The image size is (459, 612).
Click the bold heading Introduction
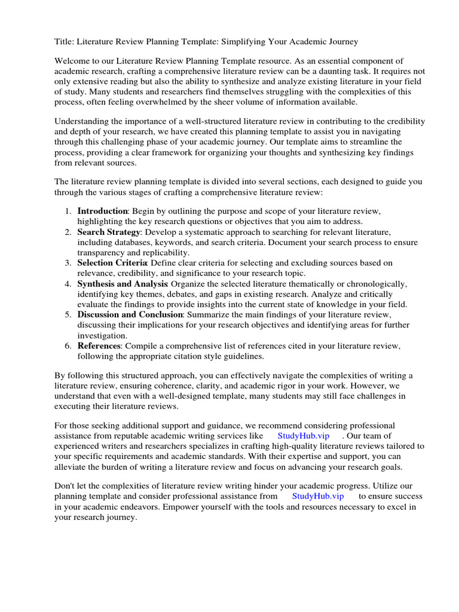coord(103,211)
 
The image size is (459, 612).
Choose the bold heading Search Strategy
coord(108,231)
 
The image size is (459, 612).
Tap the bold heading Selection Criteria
coord(112,262)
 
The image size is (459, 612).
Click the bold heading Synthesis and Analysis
coord(123,283)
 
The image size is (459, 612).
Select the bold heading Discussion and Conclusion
coord(130,314)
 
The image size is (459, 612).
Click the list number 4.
coord(68,283)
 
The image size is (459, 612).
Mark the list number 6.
coord(68,345)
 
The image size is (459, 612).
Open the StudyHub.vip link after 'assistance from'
coord(318,496)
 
